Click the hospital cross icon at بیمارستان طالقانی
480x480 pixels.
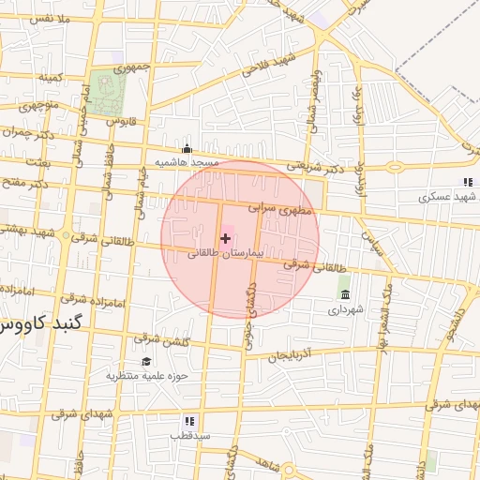pos(225,239)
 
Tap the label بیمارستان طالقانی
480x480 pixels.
pos(226,254)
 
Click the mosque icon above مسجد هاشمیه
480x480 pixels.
pos(187,148)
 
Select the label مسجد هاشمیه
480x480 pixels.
pos(187,162)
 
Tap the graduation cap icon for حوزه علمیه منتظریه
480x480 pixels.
pos(146,362)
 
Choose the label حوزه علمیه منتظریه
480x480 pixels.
pos(147,376)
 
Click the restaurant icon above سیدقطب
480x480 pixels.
pos(189,421)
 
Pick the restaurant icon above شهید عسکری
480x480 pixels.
pos(467,182)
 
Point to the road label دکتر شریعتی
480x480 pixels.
pos(324,166)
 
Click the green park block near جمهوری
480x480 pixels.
pos(111,93)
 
